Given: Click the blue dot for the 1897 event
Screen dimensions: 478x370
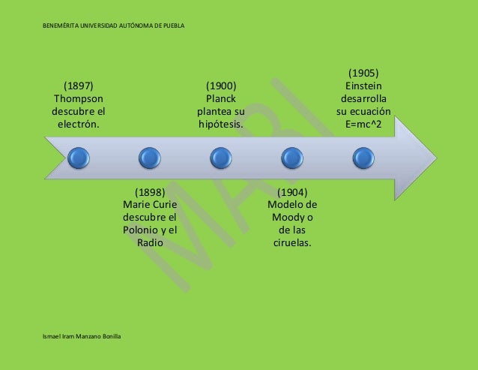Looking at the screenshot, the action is pos(78,158).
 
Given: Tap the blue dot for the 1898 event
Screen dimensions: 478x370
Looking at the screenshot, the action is pos(149,158).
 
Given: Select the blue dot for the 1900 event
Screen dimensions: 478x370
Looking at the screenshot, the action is pos(220,158).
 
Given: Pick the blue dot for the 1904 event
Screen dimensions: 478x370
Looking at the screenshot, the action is pos(291,158).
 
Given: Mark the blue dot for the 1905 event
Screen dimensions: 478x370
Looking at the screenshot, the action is pos(363,158).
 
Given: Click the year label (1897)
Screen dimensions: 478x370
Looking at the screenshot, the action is pos(78,86).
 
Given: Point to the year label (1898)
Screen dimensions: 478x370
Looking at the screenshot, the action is pos(149,192).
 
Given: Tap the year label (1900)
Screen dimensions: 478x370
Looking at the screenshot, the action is pos(220,86).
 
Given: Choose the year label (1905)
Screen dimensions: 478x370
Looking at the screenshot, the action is pos(363,73).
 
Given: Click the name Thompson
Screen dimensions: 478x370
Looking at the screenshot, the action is pos(78,98).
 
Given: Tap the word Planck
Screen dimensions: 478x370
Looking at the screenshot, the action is pos(220,98).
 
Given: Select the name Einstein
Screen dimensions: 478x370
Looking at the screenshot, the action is pos(363,86).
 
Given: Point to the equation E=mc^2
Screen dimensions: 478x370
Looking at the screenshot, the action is pos(363,124).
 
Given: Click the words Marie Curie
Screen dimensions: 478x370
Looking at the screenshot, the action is pos(149,205).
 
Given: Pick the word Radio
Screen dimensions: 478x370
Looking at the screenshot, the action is pos(150,243).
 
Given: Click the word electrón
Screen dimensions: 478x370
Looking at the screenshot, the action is pos(78,124).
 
